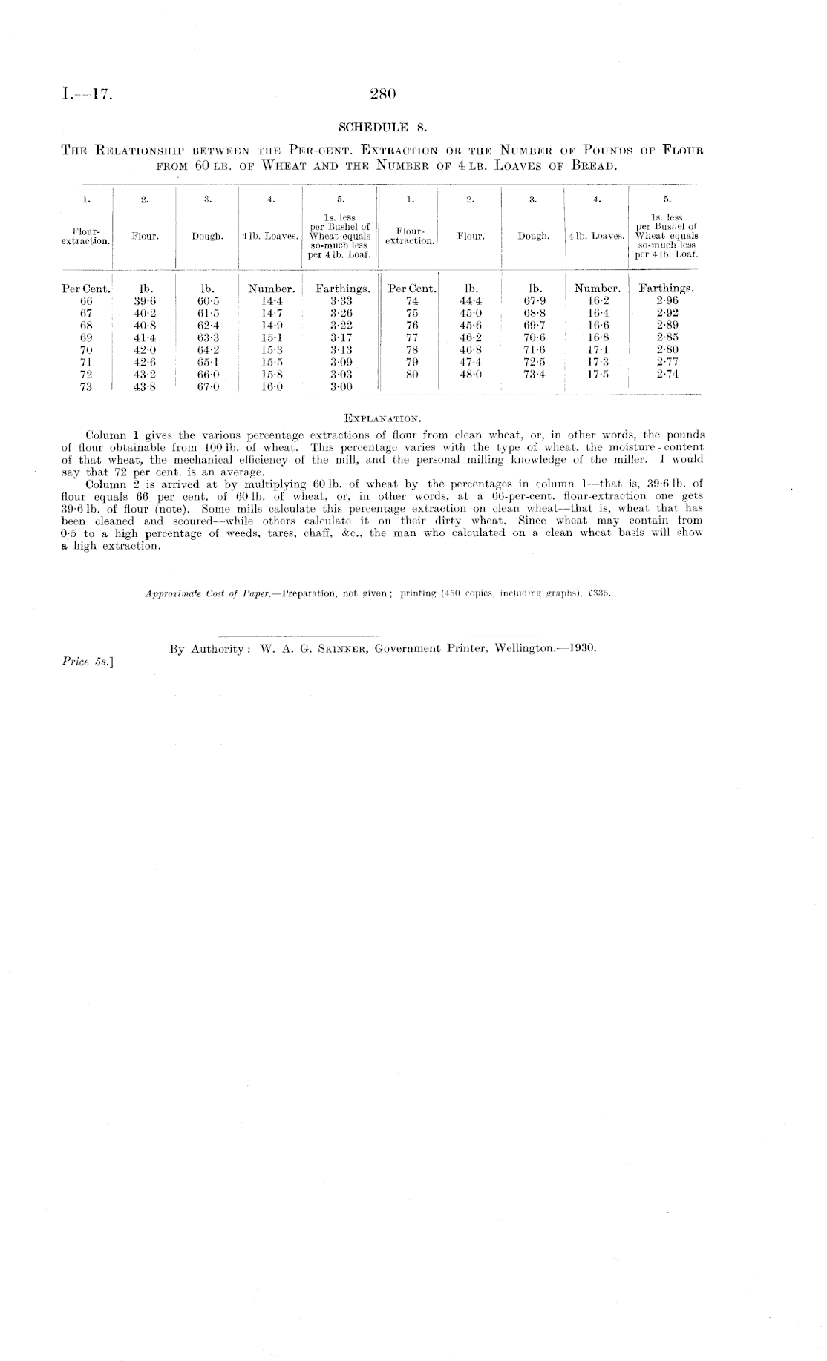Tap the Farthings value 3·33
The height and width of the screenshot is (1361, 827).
(341, 301)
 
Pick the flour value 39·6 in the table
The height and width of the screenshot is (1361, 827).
(144, 301)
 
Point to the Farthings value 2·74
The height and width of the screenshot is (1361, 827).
(667, 374)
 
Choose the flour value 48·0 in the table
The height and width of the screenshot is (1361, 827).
(471, 374)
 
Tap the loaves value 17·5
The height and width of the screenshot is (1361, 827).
(598, 374)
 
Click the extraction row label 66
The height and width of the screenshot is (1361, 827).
(86, 301)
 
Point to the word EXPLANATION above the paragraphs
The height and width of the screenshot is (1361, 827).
(382, 422)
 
